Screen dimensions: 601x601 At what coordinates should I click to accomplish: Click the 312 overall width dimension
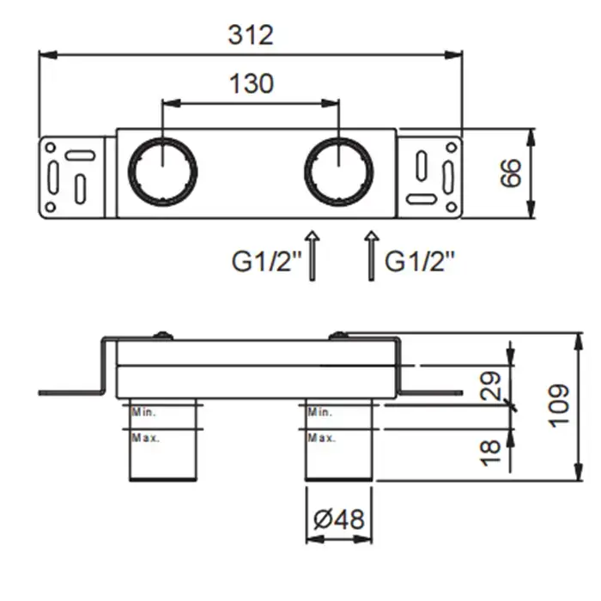tap(251, 35)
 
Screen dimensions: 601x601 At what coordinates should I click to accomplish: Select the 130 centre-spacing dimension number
tap(252, 83)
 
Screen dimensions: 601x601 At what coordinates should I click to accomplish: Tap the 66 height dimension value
tap(512, 173)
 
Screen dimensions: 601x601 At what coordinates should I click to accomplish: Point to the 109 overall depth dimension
tap(559, 405)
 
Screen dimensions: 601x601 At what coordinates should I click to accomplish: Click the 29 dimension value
tap(490, 385)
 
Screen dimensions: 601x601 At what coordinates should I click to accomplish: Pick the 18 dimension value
tap(490, 453)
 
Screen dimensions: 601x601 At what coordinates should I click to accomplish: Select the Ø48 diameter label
tap(339, 519)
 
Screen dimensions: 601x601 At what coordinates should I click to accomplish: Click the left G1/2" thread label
tap(267, 262)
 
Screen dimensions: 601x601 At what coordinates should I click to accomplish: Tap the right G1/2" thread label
tap(419, 262)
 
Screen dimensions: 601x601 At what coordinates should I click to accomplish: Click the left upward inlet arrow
tap(313, 256)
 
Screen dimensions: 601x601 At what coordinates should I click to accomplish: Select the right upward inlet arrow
tap(371, 256)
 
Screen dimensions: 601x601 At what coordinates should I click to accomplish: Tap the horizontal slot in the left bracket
tap(80, 155)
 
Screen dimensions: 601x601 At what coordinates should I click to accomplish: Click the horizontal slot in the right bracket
tap(422, 199)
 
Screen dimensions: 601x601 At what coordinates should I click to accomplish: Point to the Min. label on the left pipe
tap(143, 412)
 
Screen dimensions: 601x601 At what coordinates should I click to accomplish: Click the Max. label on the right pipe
tap(321, 438)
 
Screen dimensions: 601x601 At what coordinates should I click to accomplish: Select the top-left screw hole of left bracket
tap(51, 148)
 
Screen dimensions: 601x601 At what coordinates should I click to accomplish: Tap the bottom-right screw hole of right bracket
tap(452, 208)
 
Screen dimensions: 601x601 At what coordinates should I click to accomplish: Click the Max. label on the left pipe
tap(145, 438)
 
